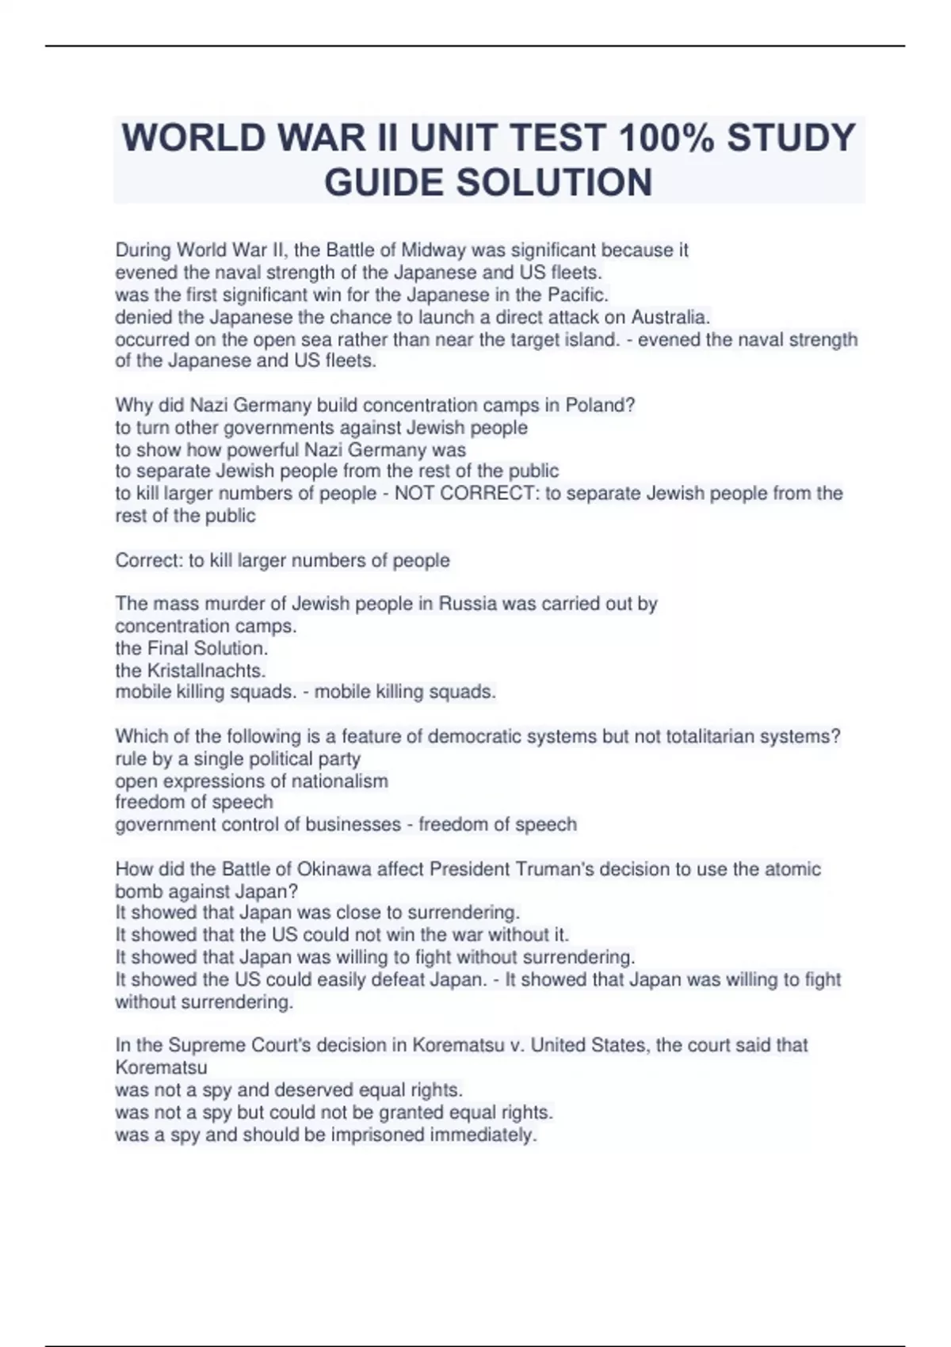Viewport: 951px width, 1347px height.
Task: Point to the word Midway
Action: tap(433, 250)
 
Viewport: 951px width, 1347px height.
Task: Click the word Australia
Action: tap(670, 318)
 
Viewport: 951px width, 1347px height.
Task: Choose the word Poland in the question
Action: tap(600, 406)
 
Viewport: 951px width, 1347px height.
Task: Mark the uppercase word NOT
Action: tap(414, 494)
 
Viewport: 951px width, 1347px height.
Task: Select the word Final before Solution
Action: tap(168, 648)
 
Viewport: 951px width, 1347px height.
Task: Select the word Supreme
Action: tap(207, 1045)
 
